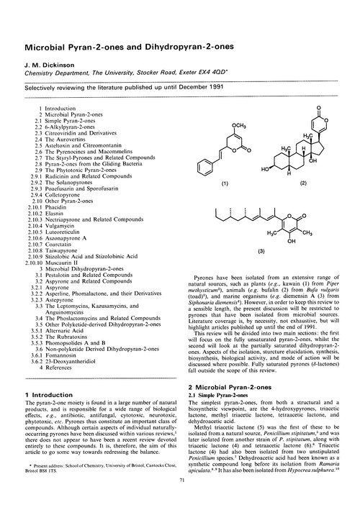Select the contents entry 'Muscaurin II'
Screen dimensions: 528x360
point(64,263)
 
